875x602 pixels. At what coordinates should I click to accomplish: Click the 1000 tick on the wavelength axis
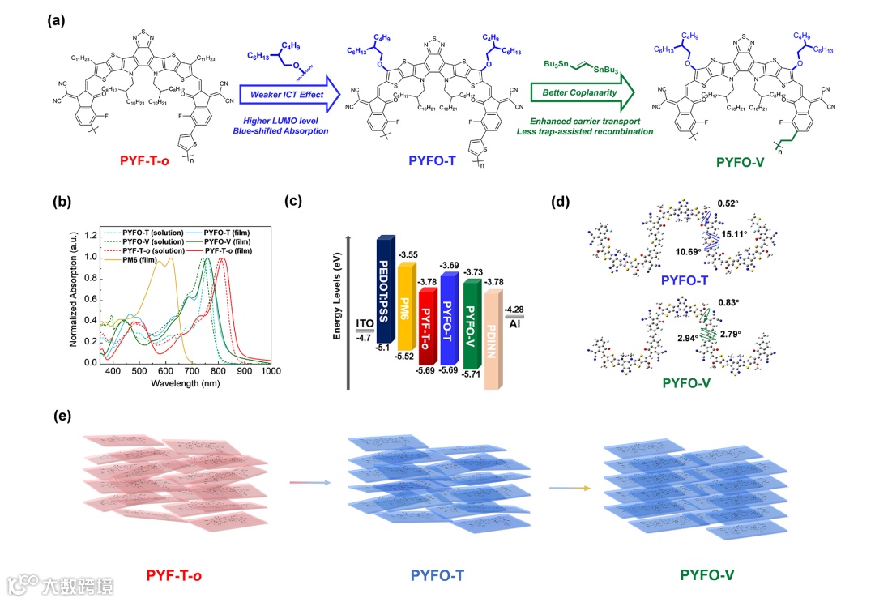pos(270,371)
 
